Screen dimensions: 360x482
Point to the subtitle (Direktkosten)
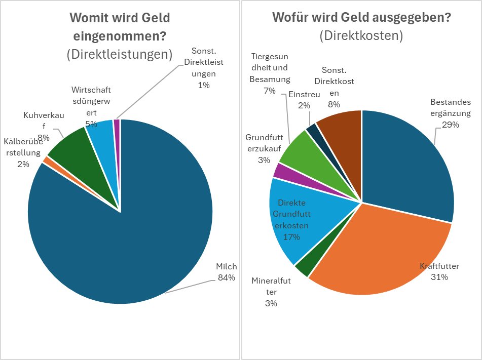[361, 35]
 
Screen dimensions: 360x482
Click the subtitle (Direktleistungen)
[119, 54]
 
